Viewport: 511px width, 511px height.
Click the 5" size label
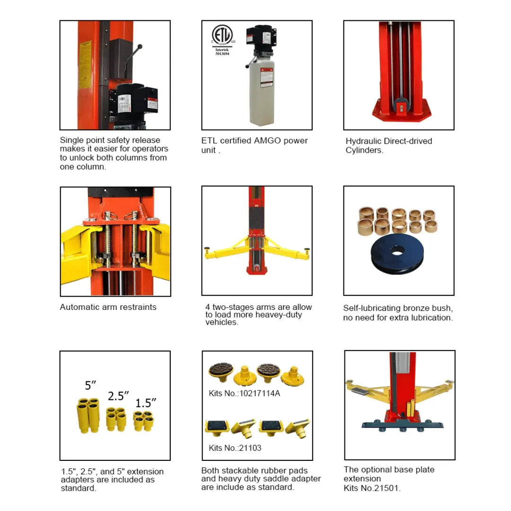[x=91, y=385]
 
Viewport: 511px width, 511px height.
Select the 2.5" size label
[x=118, y=396]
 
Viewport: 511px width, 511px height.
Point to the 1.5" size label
[x=145, y=403]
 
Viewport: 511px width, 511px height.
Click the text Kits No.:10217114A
[x=244, y=393]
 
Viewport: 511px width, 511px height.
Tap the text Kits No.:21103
[x=235, y=448]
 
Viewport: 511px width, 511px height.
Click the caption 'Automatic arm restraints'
[x=108, y=307]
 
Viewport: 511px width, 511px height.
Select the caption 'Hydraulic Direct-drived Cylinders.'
[x=388, y=146]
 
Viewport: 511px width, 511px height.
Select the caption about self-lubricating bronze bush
[x=398, y=313]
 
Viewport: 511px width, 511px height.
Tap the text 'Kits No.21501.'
[x=372, y=488]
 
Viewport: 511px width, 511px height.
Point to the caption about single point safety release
[x=114, y=153]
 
